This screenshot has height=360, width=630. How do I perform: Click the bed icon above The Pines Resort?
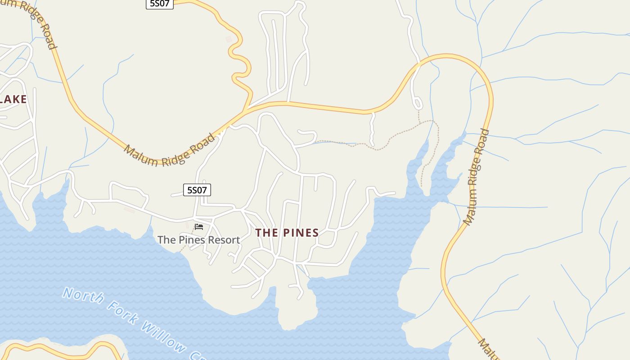tap(199, 226)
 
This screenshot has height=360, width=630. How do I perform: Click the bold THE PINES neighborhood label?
tap(287, 233)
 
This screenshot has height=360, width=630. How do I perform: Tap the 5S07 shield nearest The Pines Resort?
tap(197, 190)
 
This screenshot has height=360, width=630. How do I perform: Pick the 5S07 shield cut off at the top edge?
tap(160, 4)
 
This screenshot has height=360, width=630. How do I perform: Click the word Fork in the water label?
tap(122, 315)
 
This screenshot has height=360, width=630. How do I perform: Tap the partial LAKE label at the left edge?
tap(13, 99)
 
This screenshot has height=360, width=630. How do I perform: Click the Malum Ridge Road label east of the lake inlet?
tap(476, 176)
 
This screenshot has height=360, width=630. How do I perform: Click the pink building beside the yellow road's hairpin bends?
tap(229, 40)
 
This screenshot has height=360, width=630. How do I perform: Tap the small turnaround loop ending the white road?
tap(418, 103)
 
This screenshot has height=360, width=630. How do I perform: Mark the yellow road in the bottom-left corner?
tap(54, 350)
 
